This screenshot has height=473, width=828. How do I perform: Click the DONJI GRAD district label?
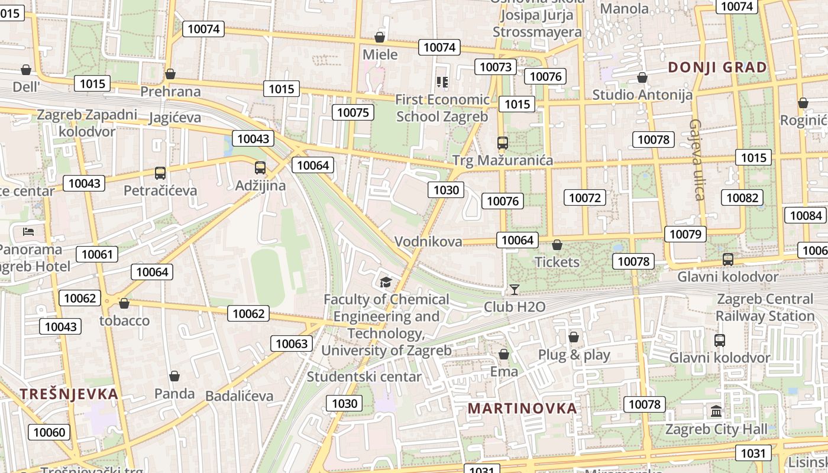(717, 67)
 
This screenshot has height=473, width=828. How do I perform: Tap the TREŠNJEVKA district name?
(69, 394)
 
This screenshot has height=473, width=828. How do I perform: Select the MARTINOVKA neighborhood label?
(522, 409)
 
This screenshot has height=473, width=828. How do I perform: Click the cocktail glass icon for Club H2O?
(515, 290)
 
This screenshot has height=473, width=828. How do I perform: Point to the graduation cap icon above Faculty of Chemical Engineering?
(386, 282)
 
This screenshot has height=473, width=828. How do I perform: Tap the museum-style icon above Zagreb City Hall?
(716, 411)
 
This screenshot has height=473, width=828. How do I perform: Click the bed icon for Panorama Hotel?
(28, 231)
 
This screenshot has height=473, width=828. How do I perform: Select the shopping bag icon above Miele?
(380, 38)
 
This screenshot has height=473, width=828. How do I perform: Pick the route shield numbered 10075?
(353, 112)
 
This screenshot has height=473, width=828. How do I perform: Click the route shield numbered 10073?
(496, 67)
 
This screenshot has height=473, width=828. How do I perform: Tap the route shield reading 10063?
(292, 344)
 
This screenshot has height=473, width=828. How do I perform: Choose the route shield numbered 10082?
(742, 197)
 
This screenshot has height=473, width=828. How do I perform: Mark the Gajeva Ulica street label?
(696, 160)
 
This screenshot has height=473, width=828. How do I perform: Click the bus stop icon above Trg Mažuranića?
(503, 142)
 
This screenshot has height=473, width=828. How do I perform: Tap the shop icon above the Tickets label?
(557, 245)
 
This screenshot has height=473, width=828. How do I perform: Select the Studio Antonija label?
(642, 95)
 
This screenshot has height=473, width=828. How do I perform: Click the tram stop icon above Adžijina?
(260, 168)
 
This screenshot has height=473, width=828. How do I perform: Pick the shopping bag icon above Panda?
(174, 376)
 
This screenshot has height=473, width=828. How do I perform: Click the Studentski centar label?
(364, 377)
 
